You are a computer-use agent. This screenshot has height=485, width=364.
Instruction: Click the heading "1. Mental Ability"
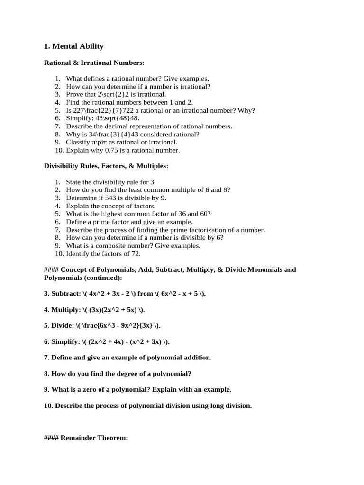click(73, 46)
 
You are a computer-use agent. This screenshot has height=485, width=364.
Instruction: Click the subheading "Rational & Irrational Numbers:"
click(94, 63)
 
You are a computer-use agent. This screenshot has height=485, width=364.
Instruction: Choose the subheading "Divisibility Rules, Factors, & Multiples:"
click(106, 166)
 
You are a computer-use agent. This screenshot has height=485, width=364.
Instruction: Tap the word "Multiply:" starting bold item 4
click(67, 310)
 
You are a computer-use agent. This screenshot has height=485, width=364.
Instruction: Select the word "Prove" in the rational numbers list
click(74, 94)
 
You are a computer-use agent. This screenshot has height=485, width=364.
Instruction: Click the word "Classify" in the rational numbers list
click(77, 142)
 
